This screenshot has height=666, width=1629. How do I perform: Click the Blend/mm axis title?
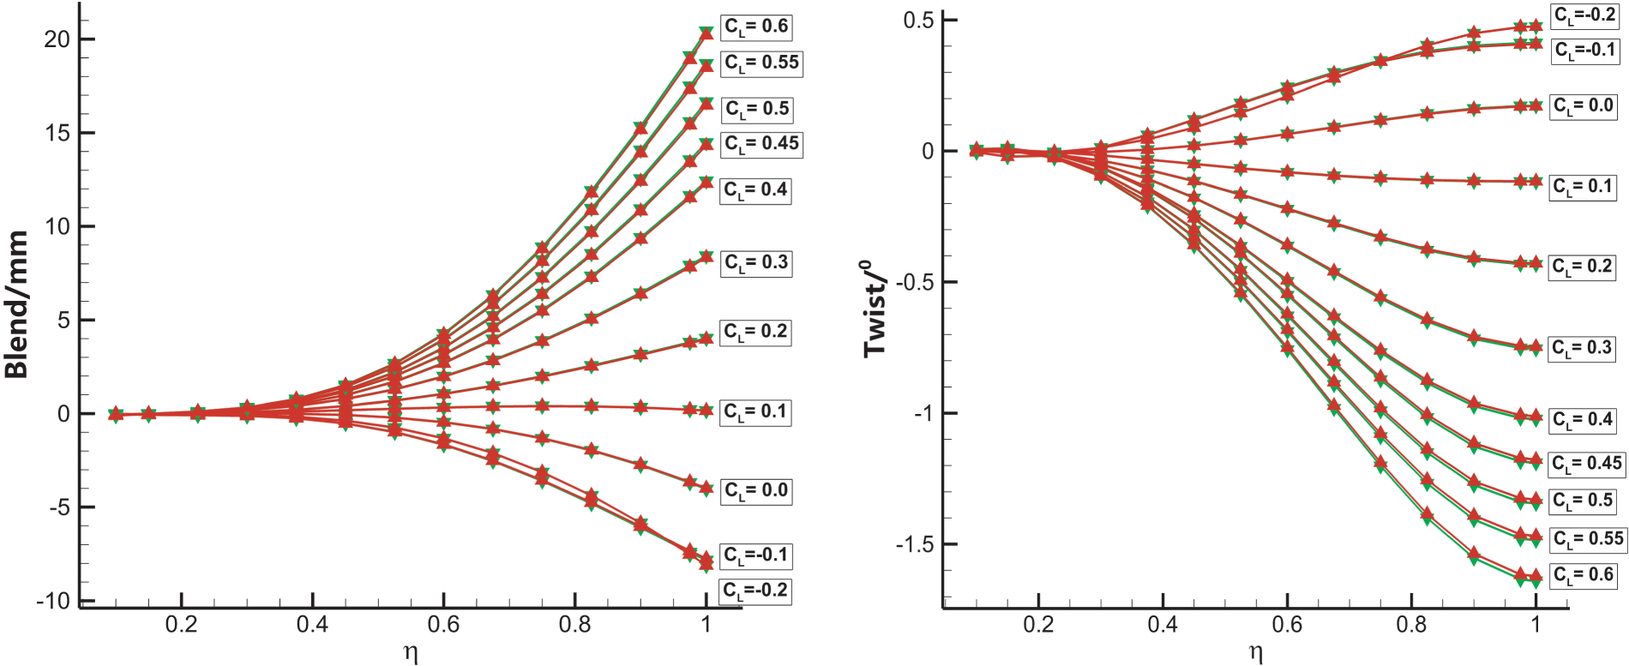(17, 304)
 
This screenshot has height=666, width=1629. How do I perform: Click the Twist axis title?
(876, 309)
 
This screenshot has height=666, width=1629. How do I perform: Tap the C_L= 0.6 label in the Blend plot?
(756, 27)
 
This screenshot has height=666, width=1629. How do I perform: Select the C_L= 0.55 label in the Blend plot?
(761, 63)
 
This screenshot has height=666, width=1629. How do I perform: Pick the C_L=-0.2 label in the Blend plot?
(755, 591)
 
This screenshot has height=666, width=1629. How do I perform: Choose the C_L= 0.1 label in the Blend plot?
(755, 411)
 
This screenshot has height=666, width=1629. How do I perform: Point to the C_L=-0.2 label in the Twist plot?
(1585, 15)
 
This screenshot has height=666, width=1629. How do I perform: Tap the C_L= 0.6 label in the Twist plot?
(1584, 574)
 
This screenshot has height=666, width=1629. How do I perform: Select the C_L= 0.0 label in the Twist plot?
(1584, 106)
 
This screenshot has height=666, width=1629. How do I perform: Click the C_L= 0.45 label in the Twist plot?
(1587, 464)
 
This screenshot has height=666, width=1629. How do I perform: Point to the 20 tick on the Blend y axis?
(57, 39)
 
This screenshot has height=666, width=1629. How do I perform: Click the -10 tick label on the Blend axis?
(53, 601)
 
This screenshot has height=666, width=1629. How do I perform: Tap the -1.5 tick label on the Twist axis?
(915, 544)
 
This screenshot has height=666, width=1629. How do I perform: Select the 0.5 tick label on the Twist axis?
(918, 20)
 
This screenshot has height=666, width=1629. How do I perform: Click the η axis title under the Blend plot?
(411, 653)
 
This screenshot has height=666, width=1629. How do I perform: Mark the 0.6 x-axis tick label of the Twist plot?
(1287, 624)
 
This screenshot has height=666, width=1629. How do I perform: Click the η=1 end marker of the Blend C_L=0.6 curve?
(706, 33)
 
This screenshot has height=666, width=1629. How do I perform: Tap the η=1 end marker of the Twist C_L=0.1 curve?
(1536, 181)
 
